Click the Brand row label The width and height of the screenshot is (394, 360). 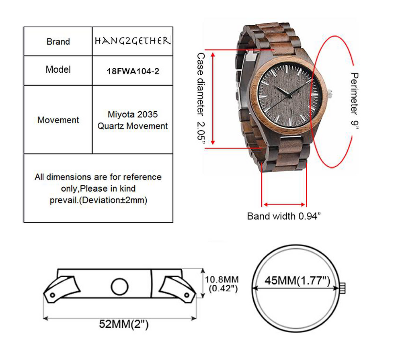(x=58, y=41)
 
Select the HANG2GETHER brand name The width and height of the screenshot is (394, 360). (x=133, y=41)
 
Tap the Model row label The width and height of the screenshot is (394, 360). (x=58, y=69)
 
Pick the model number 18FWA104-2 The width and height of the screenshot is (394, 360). (x=133, y=71)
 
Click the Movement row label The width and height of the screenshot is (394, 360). (x=58, y=120)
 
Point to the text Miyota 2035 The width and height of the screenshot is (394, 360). (x=133, y=114)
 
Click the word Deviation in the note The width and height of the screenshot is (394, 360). (x=99, y=200)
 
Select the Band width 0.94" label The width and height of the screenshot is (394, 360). (x=284, y=216)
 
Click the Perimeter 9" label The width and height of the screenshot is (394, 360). (x=355, y=101)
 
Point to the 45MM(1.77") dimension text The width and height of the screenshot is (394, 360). (x=297, y=280)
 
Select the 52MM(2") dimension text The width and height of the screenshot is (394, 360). (x=124, y=324)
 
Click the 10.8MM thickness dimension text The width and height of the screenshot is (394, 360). (x=222, y=279)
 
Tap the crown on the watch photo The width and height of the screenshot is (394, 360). (x=330, y=94)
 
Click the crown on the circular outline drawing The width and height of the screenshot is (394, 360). (x=343, y=288)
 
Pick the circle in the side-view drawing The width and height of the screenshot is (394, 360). (x=120, y=286)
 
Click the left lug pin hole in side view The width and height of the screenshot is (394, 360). (x=53, y=295)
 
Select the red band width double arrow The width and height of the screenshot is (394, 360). (x=284, y=205)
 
